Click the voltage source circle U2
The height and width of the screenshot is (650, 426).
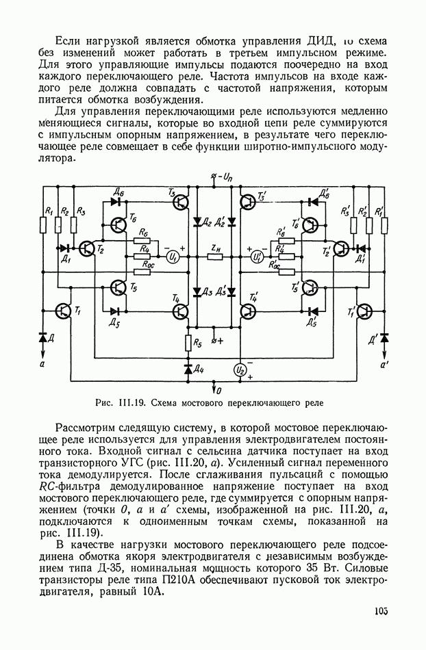click(x=240, y=369)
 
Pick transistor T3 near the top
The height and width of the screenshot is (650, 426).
click(x=181, y=202)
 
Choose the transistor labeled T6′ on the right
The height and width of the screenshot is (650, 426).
click(x=310, y=226)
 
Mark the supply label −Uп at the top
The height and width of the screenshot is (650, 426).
click(x=221, y=177)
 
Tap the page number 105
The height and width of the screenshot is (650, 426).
click(x=381, y=610)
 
